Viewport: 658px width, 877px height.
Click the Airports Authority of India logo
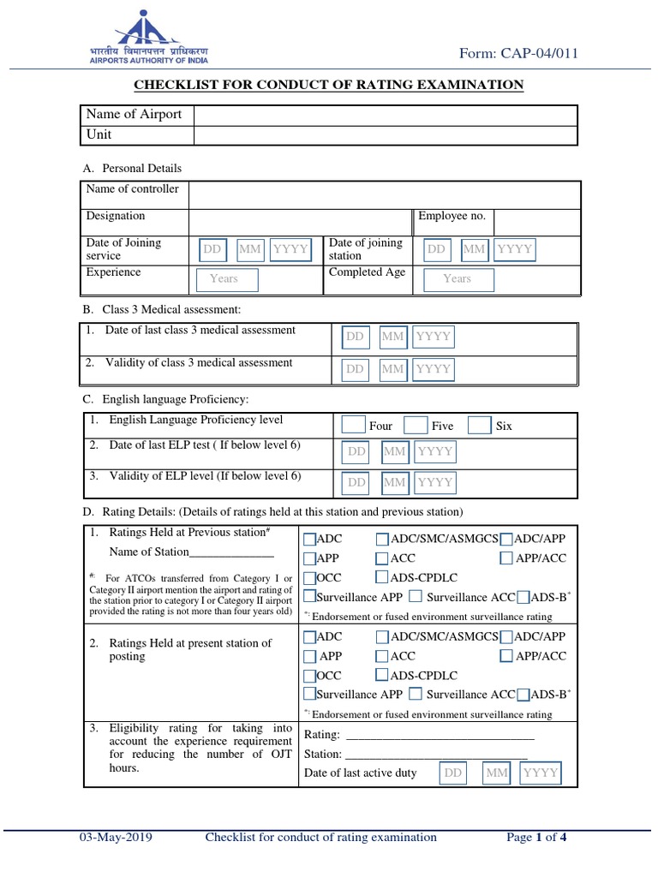150,39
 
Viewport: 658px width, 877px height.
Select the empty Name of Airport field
385,115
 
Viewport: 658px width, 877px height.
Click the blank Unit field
385,134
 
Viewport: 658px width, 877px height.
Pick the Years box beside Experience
224,278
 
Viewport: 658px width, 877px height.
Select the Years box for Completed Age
457,278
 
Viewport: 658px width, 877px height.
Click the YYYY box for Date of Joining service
290,249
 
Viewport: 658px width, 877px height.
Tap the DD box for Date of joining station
437,249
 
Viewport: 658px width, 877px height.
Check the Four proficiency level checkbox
353,425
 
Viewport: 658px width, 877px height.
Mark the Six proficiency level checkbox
480,425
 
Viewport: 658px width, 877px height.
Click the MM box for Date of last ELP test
395,451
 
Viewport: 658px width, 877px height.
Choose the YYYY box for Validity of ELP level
435,482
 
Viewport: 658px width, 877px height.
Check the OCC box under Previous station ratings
309,577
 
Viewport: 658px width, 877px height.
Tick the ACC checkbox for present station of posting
381,656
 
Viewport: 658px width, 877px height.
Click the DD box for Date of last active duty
453,773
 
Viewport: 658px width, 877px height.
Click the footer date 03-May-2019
116,838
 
